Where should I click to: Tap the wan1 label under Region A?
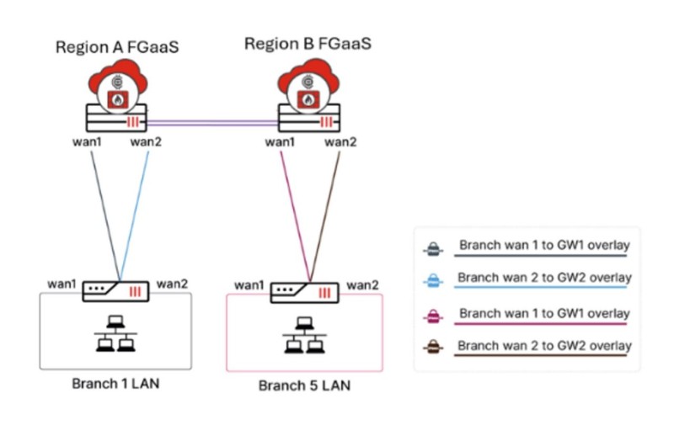(x=86, y=141)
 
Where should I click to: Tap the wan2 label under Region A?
(x=147, y=141)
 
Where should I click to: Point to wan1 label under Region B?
(x=280, y=141)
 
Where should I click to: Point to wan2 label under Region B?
(x=340, y=141)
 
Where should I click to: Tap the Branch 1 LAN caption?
(x=116, y=384)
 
